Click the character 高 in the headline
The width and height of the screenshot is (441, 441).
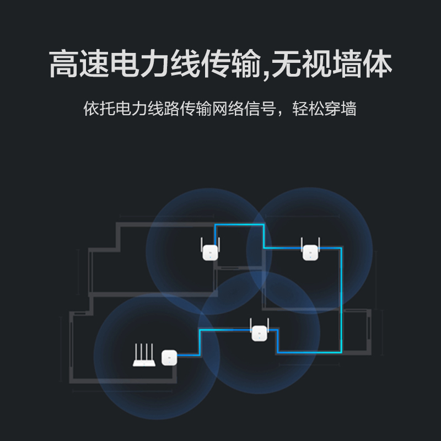tap(64, 65)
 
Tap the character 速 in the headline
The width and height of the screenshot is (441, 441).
tap(95, 65)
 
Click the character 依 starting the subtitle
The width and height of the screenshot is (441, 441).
tap(91, 108)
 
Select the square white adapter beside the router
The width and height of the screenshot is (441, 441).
tap(169, 358)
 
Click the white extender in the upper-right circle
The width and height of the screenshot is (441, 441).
tap(310, 252)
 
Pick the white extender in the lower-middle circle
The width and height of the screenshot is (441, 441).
tap(259, 333)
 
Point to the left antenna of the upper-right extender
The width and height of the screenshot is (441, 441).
tap(303, 243)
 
